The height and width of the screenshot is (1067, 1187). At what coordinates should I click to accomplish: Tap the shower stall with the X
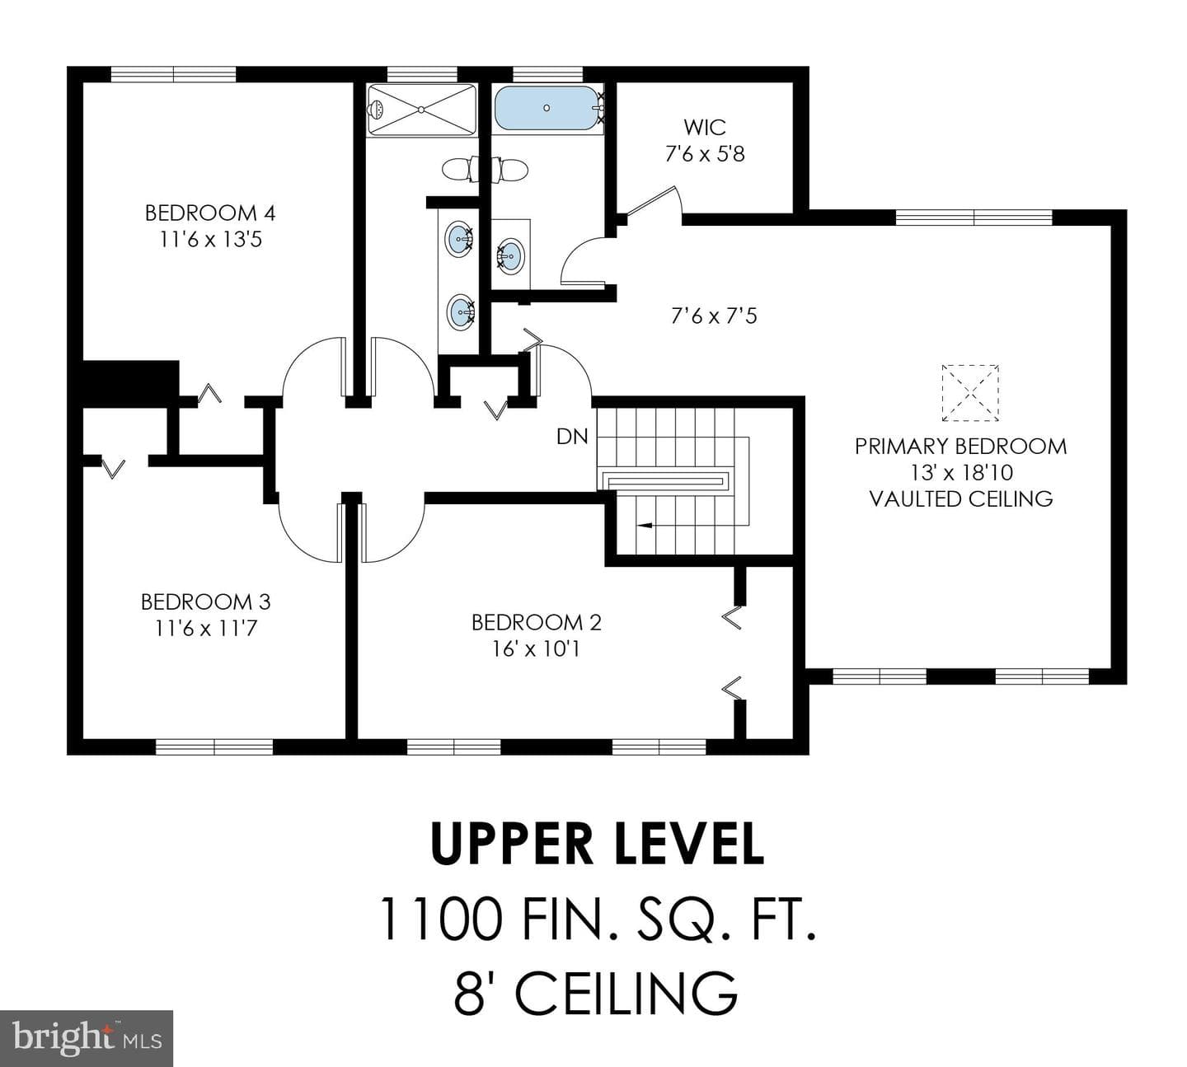421,110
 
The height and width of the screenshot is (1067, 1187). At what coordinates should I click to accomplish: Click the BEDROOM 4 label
211,213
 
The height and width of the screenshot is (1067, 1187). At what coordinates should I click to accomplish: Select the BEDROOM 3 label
206,602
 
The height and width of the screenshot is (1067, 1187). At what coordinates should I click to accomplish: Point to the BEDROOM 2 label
537,623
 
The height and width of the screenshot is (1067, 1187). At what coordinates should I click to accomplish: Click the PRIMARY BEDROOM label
961,447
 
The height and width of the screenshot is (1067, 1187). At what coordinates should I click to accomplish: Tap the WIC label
705,127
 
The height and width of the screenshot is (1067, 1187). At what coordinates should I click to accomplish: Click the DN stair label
572,437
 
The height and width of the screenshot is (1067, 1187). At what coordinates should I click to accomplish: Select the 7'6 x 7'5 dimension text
714,316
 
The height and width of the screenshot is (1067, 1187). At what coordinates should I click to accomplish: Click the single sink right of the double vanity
510,253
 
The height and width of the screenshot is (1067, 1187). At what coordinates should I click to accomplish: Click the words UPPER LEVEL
597,844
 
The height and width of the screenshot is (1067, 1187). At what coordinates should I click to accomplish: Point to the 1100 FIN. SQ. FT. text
597,919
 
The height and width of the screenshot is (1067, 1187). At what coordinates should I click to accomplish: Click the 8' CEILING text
597,993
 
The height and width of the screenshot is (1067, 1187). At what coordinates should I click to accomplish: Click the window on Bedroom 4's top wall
173,74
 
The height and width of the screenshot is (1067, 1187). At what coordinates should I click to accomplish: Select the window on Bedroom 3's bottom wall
214,747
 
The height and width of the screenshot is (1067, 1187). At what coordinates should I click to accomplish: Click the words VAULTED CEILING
961,499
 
